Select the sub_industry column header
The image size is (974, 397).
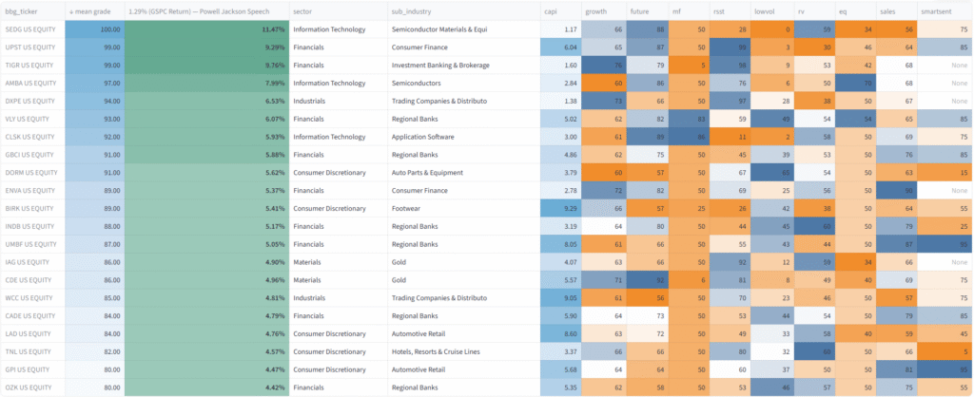tap(412, 10)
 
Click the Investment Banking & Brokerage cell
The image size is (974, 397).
tap(441, 66)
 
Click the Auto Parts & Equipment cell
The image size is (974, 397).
tap(430, 172)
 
